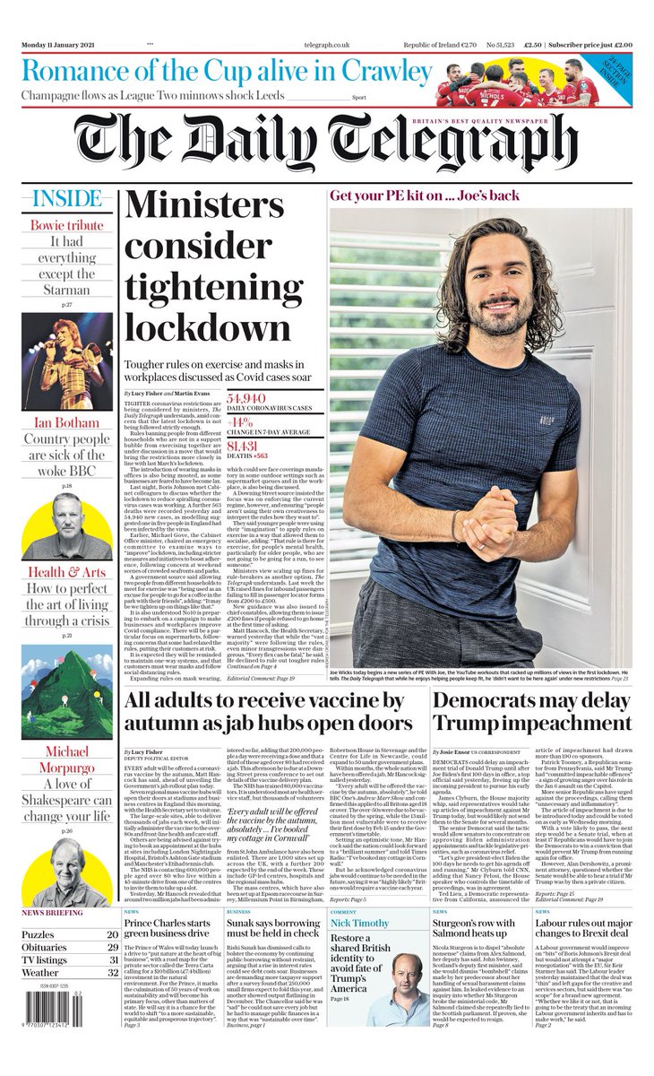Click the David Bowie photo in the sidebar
[67, 360]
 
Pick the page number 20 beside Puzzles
[113, 933]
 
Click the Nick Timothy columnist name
[366, 922]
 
